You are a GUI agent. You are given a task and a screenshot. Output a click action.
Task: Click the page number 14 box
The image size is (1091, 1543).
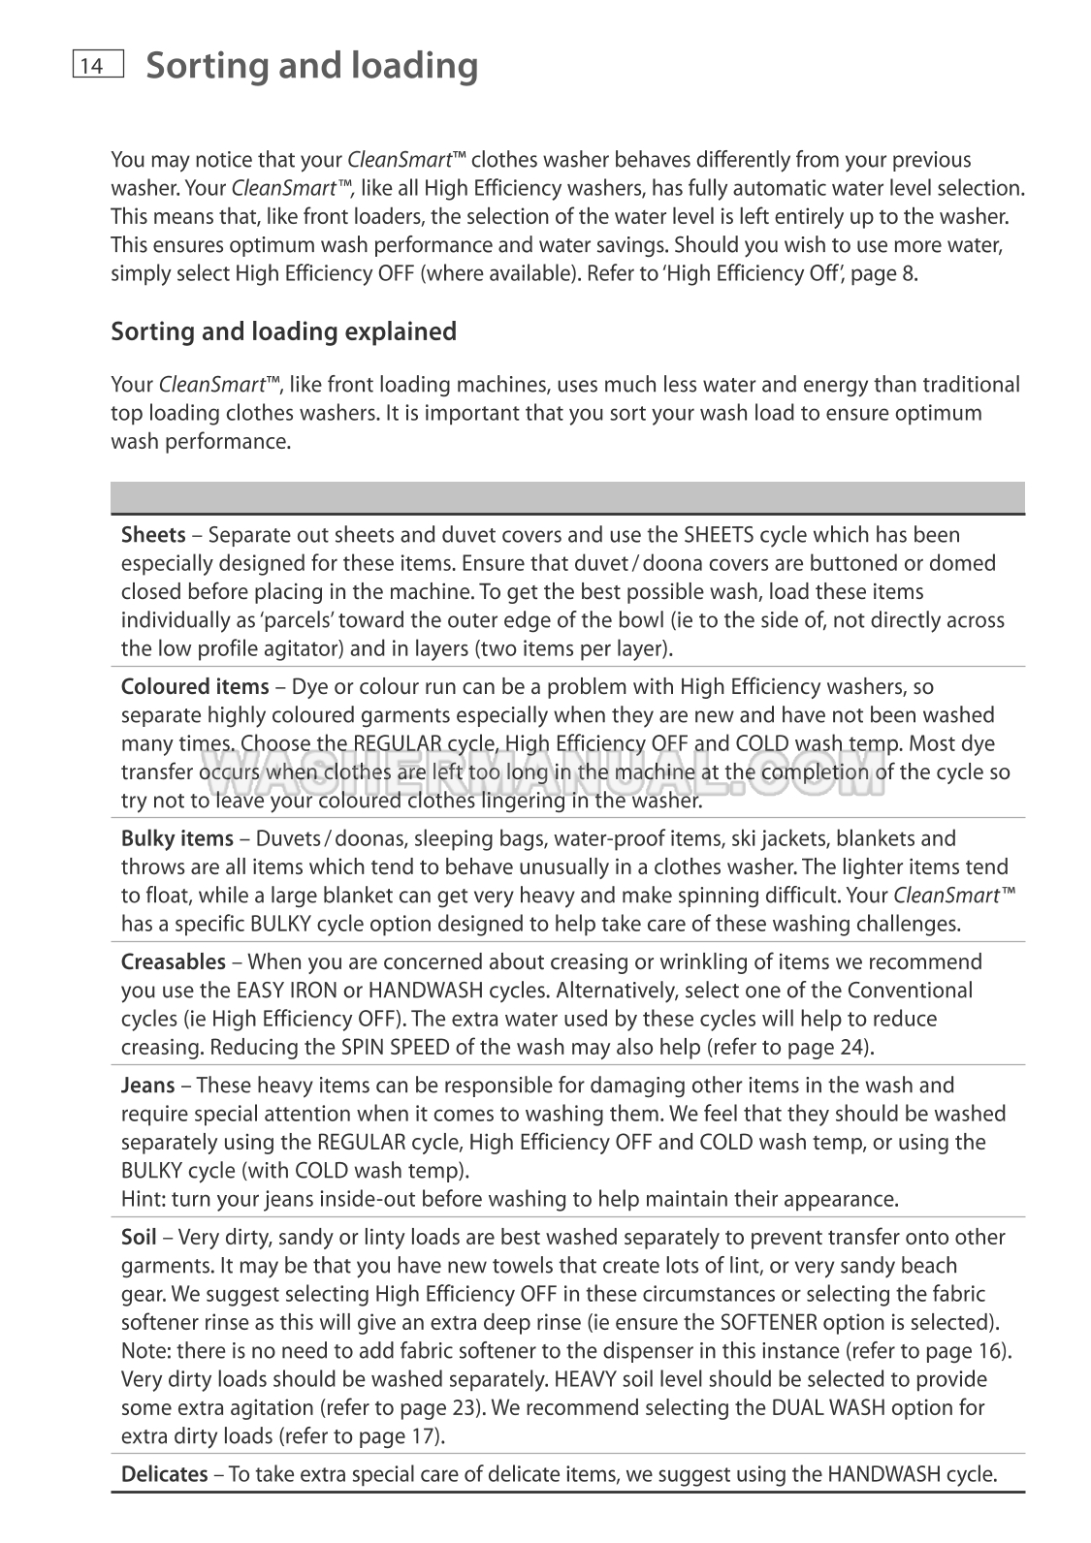97,64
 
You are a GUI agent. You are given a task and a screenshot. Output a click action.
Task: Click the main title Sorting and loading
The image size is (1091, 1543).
311,65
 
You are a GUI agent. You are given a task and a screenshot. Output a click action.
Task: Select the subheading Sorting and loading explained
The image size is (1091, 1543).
283,331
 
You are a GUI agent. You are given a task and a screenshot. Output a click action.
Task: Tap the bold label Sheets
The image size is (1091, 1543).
153,535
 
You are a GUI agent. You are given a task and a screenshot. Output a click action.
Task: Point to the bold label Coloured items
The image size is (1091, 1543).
195,687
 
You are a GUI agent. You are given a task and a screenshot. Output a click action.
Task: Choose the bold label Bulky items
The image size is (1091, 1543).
176,838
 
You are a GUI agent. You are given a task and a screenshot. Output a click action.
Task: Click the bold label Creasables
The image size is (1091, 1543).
173,962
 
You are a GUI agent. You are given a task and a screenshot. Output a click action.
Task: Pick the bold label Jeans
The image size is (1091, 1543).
147,1086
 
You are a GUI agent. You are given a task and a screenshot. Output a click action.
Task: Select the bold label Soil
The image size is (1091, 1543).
139,1238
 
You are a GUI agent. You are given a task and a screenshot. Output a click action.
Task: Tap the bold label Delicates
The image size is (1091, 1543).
164,1475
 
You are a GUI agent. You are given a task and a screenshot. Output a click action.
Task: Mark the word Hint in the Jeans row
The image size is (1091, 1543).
142,1199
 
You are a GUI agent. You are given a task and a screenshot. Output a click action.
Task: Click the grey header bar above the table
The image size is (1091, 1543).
567,497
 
